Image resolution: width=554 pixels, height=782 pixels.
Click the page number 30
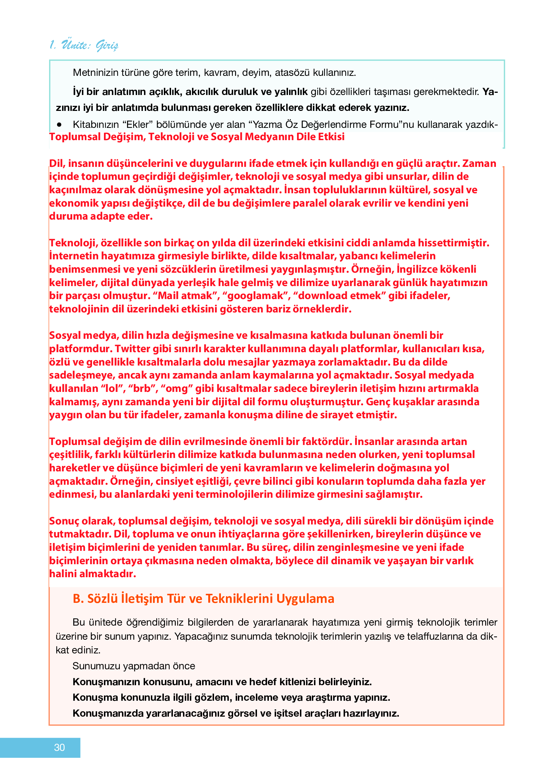tap(59, 747)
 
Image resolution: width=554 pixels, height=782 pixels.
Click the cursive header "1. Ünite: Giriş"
tap(84, 45)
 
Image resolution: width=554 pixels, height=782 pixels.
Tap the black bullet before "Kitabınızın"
tap(60, 125)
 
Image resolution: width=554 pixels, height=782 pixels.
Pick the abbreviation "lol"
tap(110, 389)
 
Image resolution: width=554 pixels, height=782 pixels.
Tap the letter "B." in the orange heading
tap(78, 599)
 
